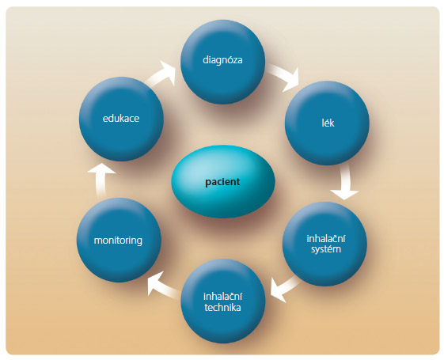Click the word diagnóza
click(x=222, y=60)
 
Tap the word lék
click(x=328, y=123)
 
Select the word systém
click(x=326, y=249)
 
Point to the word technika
click(x=223, y=307)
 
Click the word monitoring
click(x=118, y=241)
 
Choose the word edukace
click(x=121, y=119)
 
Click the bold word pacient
click(x=222, y=182)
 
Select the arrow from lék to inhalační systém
click(x=345, y=183)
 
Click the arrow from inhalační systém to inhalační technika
click(x=283, y=288)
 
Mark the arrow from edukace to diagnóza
click(x=161, y=74)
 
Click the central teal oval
click(x=223, y=181)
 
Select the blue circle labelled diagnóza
click(x=223, y=62)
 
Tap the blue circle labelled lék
click(x=327, y=123)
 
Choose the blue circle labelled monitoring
click(x=119, y=240)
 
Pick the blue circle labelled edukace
click(x=121, y=119)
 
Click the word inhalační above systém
click(x=326, y=239)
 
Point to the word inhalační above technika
click(x=223, y=297)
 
